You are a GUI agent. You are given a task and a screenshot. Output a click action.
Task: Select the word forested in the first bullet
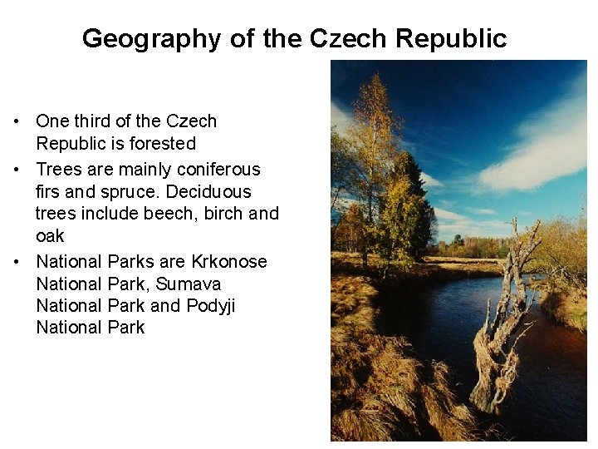click(164, 143)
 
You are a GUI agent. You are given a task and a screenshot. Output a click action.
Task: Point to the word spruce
click(107, 191)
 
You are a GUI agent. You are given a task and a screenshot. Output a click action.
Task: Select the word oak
click(50, 235)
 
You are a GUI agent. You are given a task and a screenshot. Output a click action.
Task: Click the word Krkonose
click(229, 262)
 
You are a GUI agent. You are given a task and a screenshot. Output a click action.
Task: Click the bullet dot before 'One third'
click(17, 121)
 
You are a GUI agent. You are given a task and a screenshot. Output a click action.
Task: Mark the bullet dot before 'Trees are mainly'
click(17, 170)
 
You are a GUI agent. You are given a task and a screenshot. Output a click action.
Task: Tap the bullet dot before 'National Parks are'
click(17, 262)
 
